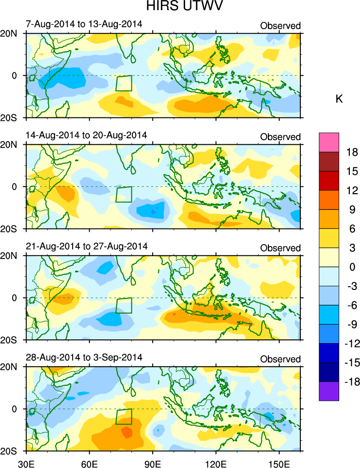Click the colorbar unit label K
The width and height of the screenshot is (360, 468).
339,99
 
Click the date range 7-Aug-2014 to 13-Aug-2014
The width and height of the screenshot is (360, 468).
83,24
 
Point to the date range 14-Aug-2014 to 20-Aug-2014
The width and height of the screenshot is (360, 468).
86,135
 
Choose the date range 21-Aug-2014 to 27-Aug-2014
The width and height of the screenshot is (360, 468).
86,246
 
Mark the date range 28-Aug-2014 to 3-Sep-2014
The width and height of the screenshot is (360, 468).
84,357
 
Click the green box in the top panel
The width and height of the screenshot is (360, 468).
124,83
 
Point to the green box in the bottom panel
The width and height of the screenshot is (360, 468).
124,416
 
